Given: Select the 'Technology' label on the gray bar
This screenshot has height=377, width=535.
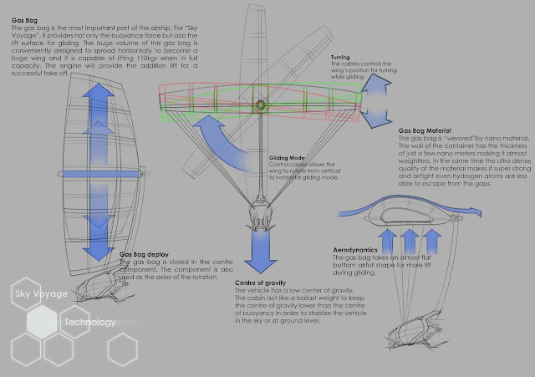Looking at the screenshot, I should (x=89, y=322).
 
